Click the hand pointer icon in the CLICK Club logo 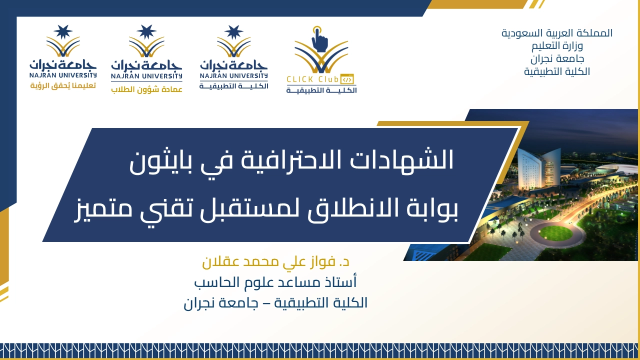[x=319, y=40]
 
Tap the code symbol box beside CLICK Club [x=347, y=79]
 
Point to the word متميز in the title [x=103, y=208]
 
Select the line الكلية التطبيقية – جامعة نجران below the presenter [x=275, y=303]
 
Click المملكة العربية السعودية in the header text [x=557, y=33]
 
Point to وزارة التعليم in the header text [x=557, y=46]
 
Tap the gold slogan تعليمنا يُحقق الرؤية [x=63, y=85]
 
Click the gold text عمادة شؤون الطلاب [x=146, y=89]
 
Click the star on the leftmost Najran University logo [x=63, y=31]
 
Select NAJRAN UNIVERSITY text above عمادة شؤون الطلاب [x=146, y=76]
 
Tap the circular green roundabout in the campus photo [x=556, y=233]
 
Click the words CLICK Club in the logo [x=312, y=79]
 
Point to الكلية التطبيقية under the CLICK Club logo [x=321, y=90]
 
